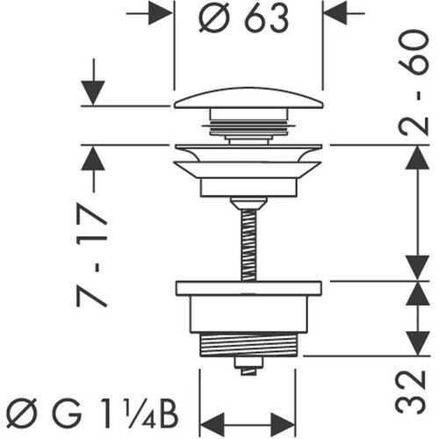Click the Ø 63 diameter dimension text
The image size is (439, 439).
coord(244,18)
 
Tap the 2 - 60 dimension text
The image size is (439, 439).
coord(414,83)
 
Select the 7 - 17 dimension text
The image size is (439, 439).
coord(91,255)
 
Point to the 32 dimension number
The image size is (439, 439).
coord(410,392)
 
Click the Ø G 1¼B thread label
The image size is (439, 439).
coord(92,416)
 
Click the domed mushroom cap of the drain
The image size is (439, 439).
coord(249,98)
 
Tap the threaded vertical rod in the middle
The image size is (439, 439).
coord(249,245)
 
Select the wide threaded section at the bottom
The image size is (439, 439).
coord(248,345)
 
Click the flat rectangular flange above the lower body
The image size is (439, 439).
coord(249,288)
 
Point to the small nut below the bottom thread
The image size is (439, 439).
coord(248,366)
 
